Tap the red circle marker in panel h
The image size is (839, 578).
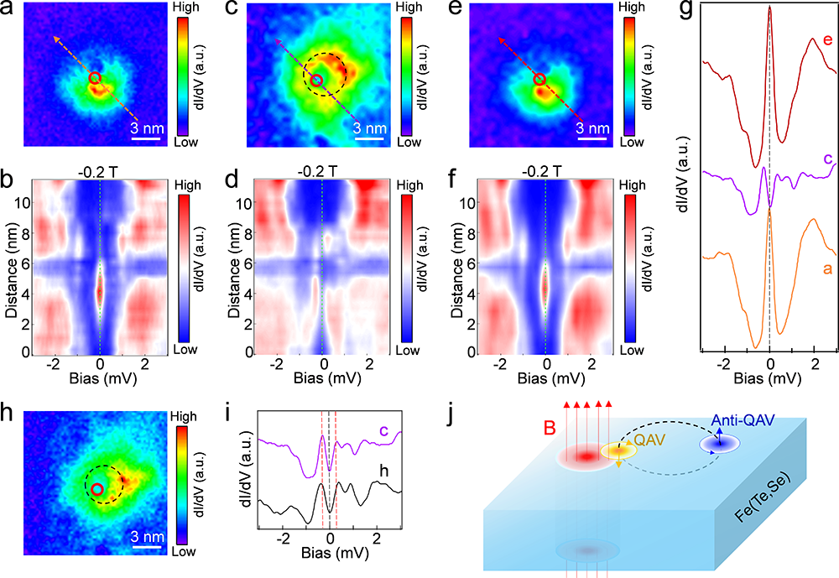98,489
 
